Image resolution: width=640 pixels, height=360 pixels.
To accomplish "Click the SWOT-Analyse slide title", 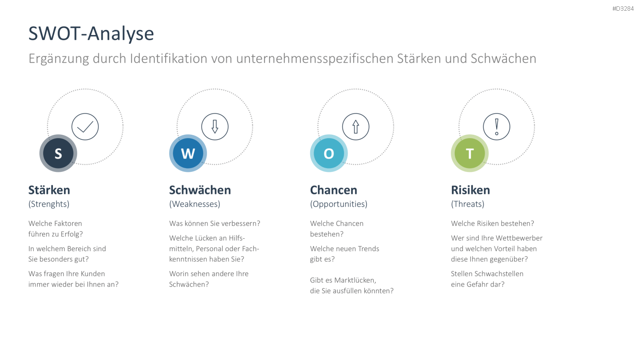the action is [x=91, y=34].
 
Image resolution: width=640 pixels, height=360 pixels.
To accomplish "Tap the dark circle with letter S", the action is [x=58, y=154].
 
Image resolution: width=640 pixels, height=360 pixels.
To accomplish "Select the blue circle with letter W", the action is [x=188, y=154].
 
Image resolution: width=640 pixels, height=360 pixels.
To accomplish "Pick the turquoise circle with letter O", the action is [x=329, y=154].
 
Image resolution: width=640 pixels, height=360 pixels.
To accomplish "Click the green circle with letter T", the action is [x=470, y=154].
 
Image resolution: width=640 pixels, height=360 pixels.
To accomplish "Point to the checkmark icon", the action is [x=85, y=127].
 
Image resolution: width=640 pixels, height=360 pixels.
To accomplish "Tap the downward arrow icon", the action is [x=215, y=127].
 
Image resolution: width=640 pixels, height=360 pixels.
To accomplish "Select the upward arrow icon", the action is [x=356, y=127].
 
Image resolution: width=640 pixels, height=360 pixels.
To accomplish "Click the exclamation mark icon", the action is [x=497, y=127].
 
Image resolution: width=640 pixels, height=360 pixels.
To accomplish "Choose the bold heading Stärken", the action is [x=49, y=190].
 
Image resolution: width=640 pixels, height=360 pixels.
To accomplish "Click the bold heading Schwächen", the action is [x=200, y=190].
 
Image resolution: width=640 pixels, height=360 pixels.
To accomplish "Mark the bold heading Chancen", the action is [x=334, y=190].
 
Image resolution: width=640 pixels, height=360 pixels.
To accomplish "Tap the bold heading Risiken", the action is [x=471, y=190].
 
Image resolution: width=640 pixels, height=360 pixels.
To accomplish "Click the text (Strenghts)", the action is [x=49, y=204].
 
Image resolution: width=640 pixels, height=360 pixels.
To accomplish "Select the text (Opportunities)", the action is [x=339, y=204].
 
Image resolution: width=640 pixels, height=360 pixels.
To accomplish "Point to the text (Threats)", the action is [x=468, y=204].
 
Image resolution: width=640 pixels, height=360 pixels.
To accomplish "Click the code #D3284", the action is [x=623, y=9].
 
